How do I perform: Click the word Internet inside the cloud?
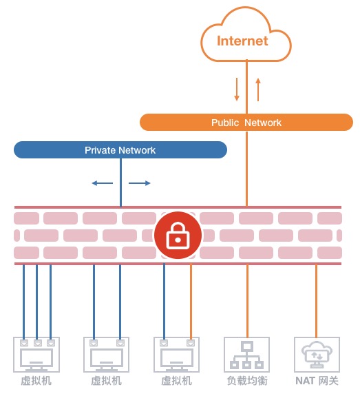(x=242, y=41)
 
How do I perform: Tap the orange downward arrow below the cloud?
(x=237, y=90)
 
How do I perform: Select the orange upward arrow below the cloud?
(x=258, y=90)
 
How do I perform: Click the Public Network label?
(x=246, y=123)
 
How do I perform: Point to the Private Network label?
(x=120, y=150)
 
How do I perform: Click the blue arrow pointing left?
(x=103, y=183)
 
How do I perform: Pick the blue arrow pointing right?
(x=139, y=183)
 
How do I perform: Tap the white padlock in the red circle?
(x=178, y=236)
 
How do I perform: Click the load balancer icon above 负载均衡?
(x=247, y=355)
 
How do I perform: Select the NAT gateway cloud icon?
(x=317, y=354)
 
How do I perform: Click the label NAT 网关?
(x=317, y=381)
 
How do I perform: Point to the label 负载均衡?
(x=247, y=381)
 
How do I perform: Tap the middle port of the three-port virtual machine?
(x=38, y=343)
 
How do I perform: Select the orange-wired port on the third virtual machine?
(x=191, y=343)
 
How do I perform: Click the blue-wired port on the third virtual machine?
(x=164, y=343)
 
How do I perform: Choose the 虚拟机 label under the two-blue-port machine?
(x=106, y=381)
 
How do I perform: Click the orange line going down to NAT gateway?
(x=316, y=301)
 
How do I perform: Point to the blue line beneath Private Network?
(x=120, y=183)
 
